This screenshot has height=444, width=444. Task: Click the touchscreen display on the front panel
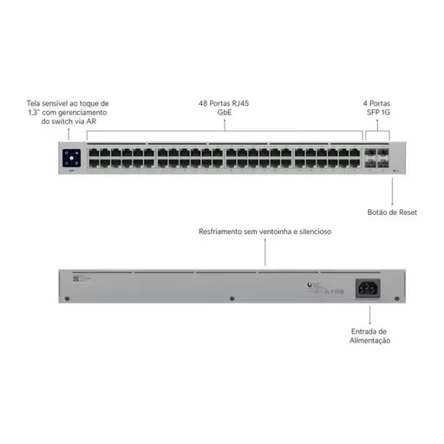click(71, 158)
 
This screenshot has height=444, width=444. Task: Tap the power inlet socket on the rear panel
click(368, 289)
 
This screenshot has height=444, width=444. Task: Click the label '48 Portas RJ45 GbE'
click(224, 108)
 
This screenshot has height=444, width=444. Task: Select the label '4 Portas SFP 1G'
click(377, 108)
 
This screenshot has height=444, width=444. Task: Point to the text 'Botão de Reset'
click(392, 212)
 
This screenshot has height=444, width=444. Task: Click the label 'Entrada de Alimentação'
click(369, 336)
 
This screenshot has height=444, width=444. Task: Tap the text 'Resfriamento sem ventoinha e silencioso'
click(265, 232)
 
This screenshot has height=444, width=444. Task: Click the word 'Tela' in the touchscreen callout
click(34, 103)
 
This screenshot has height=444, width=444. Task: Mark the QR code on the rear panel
click(75, 278)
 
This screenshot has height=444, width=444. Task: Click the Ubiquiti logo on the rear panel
click(310, 285)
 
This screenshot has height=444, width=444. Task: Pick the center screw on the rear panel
click(232, 298)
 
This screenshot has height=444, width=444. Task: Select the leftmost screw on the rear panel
click(68, 298)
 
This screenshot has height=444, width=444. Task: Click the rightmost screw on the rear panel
click(397, 298)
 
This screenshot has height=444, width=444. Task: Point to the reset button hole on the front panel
click(393, 171)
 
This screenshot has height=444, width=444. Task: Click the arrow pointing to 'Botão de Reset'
click(392, 192)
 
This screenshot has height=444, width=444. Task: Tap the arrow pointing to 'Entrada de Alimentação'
click(370, 315)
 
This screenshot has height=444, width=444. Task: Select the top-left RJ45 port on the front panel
click(94, 153)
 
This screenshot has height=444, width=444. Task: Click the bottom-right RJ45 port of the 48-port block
click(355, 163)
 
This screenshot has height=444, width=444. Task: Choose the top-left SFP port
click(370, 153)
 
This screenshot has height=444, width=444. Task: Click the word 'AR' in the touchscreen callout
click(91, 121)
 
